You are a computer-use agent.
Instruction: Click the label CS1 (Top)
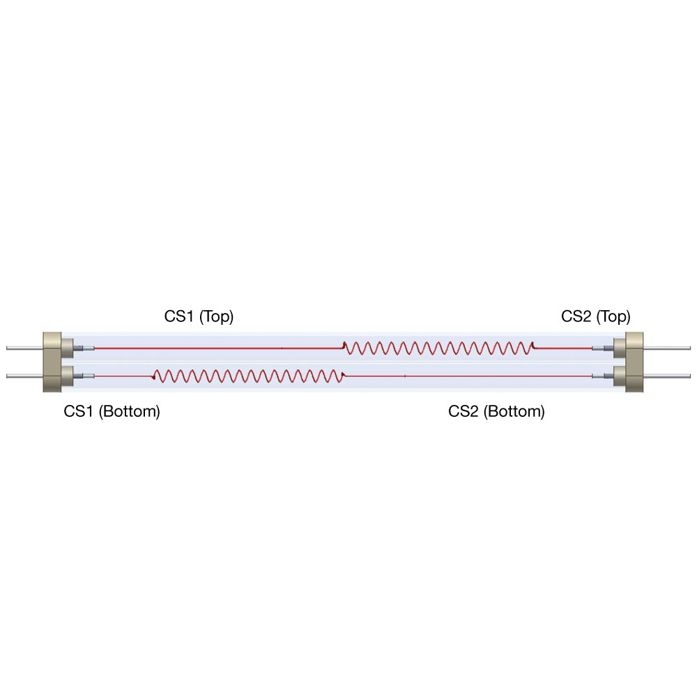point(199,316)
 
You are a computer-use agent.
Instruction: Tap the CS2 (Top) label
point(596,316)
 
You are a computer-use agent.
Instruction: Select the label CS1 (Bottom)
point(112,411)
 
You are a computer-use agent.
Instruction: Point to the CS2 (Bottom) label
point(496,411)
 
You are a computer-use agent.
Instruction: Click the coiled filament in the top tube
point(438,348)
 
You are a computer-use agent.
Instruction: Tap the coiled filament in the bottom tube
point(248,376)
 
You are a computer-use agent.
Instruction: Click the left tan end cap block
point(52,362)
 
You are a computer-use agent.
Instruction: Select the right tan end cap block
point(634,362)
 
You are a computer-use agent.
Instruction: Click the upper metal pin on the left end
point(24,348)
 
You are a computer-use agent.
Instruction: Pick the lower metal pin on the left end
point(24,376)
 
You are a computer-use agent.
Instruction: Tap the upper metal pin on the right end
point(667,348)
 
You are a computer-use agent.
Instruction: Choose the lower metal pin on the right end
point(667,376)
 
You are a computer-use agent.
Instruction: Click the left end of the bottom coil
point(153,377)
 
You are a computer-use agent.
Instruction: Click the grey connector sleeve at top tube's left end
point(84,348)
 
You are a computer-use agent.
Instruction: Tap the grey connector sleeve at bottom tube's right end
point(603,376)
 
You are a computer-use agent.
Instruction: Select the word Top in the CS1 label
point(216,317)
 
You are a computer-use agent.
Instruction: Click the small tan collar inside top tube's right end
point(619,348)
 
